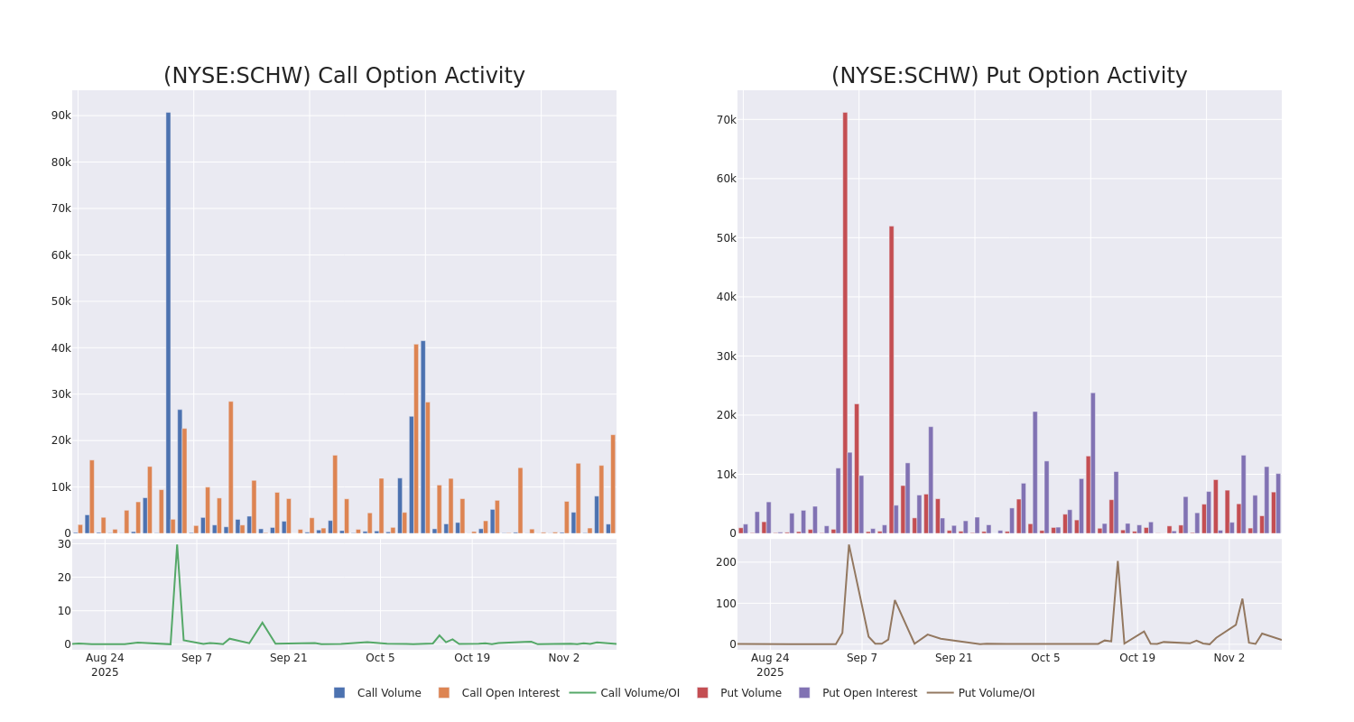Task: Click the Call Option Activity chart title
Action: pos(344,76)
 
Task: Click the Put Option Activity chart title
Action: pos(1009,76)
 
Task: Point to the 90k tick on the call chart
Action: pos(60,116)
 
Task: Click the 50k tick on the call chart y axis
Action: pos(60,301)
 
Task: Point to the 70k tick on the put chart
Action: pos(726,119)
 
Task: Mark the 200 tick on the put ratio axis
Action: pos(726,561)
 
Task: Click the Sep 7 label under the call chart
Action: pos(197,658)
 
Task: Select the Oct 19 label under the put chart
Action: pos(1137,658)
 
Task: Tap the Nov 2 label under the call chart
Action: pos(564,658)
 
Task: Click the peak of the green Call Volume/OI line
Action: pos(177,545)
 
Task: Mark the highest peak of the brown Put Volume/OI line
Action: pos(849,545)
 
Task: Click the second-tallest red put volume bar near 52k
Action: pos(891,379)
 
